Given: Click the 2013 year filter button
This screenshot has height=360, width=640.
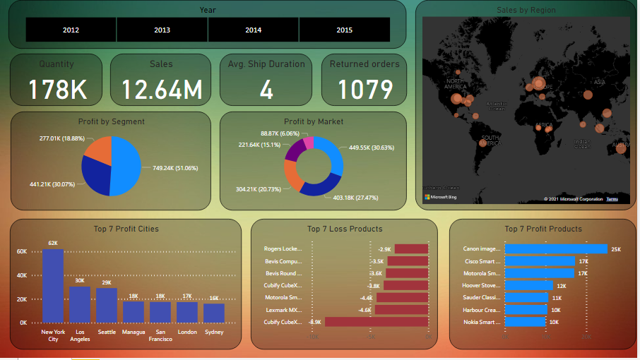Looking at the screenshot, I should coord(162,30).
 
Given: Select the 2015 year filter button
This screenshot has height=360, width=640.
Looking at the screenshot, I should coord(344,30).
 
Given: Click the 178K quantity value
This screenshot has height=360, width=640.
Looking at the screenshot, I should coord(57,90).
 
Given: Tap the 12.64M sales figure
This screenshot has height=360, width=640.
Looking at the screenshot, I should coord(161,90).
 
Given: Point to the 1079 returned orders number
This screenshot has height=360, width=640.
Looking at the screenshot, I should coord(365,90).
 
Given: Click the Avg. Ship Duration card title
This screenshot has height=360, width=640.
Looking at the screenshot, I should coord(266,64).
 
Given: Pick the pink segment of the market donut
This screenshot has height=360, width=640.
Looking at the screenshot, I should coord(308,143).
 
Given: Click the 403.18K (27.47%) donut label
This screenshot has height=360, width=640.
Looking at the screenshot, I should coord(355,198).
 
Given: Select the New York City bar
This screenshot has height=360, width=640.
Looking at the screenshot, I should coord(53,286).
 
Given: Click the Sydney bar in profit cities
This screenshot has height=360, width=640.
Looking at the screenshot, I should coord(213,313).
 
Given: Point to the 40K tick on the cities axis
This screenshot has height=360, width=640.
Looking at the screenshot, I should coord(21,275).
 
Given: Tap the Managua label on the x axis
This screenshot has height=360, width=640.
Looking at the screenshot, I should coord(133,332).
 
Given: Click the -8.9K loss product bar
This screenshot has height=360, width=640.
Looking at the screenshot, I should coord(377,322).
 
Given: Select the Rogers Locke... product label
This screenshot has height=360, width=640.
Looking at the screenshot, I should coord(283,249).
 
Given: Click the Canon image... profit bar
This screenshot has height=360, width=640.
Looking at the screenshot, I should coord(556,249).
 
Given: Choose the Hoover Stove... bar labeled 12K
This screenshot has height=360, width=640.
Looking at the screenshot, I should coord(529,286).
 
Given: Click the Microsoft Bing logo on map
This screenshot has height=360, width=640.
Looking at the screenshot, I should coord(440,197).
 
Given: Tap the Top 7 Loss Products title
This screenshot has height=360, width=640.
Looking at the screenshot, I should coord(345,229).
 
